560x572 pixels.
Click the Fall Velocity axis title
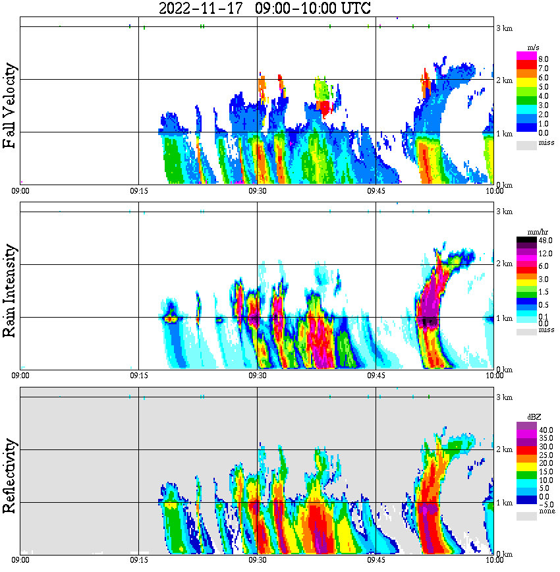10,106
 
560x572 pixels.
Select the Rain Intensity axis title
10,291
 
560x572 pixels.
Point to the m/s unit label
532,47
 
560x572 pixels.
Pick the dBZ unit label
532,417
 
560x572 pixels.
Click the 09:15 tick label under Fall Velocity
138,190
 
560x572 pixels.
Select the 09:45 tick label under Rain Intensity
376,375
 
